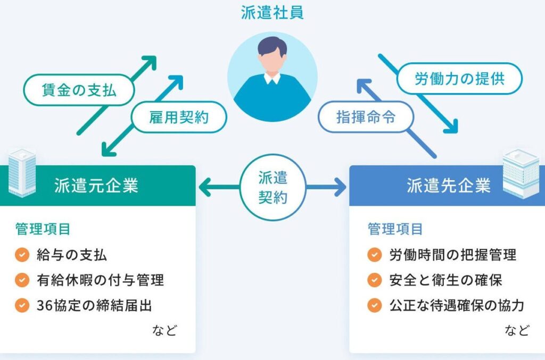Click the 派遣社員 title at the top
point(272,12)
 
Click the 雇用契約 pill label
point(179,117)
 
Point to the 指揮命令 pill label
point(366,117)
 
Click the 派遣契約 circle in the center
point(272,187)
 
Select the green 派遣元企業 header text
point(96,186)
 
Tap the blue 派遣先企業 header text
point(449,186)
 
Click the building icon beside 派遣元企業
point(22,173)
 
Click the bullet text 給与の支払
point(72,255)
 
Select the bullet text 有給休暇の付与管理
point(100,280)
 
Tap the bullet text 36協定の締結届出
point(95,305)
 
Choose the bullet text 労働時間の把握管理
point(452,255)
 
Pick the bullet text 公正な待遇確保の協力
point(457,305)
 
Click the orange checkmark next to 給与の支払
point(22,255)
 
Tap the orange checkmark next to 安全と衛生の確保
point(375,280)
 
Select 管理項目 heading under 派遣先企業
point(395,229)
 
